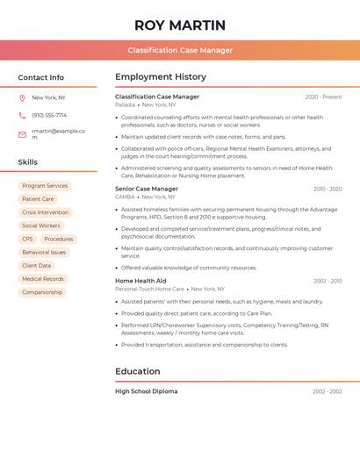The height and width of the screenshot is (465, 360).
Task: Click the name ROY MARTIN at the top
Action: point(180,25)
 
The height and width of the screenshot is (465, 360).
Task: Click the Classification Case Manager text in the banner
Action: point(180,50)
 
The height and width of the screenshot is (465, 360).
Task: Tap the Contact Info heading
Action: point(41,77)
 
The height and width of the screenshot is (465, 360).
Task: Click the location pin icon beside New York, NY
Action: point(22,97)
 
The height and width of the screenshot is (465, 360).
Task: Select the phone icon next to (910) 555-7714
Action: point(22,115)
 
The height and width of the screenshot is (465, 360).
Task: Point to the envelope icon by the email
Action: point(22,134)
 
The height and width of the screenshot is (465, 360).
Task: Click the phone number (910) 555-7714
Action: point(49,115)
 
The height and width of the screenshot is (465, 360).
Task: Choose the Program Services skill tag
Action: point(45,186)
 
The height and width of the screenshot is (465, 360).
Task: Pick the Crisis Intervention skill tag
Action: point(45,212)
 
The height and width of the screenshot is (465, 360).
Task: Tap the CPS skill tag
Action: point(27,239)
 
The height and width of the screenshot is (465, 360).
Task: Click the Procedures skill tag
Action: point(59,239)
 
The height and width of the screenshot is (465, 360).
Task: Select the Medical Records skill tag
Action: point(43,279)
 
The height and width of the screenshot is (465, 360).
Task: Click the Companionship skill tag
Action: point(42,292)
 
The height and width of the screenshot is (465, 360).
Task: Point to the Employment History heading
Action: point(161,77)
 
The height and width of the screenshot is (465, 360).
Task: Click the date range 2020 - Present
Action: point(323,97)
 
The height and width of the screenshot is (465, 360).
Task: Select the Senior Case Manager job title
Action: point(147,189)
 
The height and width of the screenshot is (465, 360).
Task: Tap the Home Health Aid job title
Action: point(140,281)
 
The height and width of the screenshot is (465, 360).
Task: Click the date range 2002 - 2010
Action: point(328,281)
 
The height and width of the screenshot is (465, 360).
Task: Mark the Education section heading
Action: point(138,371)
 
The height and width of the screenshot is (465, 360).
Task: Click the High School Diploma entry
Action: point(147,391)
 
